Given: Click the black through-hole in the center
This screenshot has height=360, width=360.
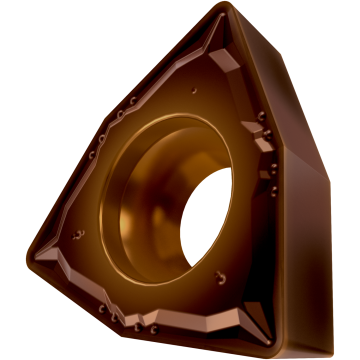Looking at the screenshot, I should (x=213, y=216).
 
